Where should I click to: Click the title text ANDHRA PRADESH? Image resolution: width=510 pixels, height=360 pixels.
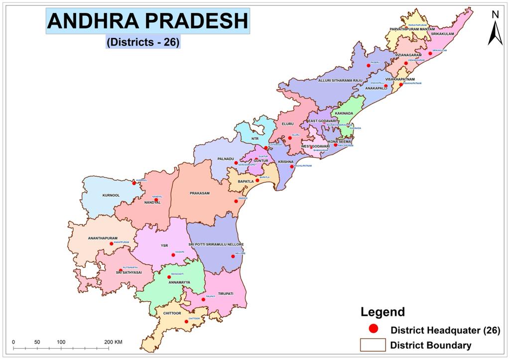[148, 21]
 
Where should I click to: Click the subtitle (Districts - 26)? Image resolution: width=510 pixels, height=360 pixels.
[143, 42]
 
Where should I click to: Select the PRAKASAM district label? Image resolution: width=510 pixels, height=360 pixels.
[199, 193]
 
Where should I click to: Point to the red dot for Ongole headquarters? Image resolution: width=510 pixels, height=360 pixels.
[236, 201]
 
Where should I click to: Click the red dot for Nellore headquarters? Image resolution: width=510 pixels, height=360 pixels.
[233, 256]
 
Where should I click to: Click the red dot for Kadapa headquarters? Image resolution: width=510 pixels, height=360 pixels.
[173, 255]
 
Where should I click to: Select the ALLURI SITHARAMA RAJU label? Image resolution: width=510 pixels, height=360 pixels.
[340, 80]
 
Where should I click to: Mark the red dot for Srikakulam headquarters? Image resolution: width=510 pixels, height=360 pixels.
[430, 53]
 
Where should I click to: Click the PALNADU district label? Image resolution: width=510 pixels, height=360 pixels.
[226, 159]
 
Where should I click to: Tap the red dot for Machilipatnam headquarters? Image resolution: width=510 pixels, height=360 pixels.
[292, 166]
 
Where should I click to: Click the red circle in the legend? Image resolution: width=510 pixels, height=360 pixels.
[373, 329]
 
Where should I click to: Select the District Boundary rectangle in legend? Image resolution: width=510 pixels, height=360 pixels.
[373, 345]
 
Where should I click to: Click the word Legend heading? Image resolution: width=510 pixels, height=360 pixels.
[382, 312]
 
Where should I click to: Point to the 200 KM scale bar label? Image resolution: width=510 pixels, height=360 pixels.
[114, 342]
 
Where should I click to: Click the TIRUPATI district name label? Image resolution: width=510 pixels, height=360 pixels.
[225, 294]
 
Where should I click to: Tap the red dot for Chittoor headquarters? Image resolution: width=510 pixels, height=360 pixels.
[186, 321]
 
